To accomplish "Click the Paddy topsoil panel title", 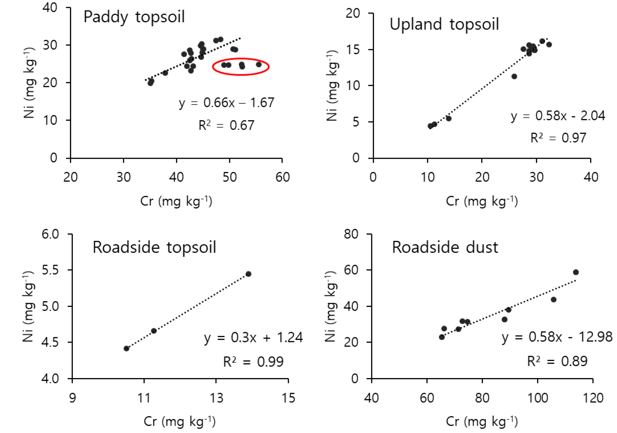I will click(x=134, y=17).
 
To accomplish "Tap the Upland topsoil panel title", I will click(x=444, y=24).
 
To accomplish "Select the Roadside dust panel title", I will click(x=445, y=247).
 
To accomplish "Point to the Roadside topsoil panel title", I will click(x=154, y=247).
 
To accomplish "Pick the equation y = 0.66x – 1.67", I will click(x=226, y=102).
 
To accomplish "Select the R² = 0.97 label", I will click(x=558, y=138).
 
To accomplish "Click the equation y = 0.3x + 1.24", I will click(x=253, y=338).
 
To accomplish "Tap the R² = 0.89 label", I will click(x=557, y=361).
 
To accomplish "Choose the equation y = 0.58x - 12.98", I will click(x=557, y=337).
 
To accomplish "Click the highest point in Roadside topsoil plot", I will click(x=248, y=274).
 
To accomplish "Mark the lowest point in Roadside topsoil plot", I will click(x=127, y=348).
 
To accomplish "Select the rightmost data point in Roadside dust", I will click(x=576, y=272).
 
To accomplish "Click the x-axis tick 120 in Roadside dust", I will click(x=593, y=398).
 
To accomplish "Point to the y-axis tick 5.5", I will click(x=50, y=270).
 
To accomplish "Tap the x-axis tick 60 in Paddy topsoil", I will click(x=282, y=177).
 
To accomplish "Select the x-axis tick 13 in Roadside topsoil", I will click(x=216, y=398).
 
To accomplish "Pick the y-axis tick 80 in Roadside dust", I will click(x=351, y=234).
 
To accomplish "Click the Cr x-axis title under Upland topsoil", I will click(x=482, y=201).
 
